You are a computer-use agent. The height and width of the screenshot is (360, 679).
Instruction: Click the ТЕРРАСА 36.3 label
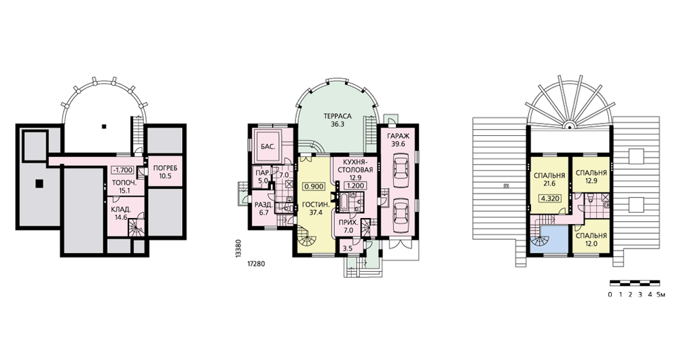pyautogui.click(x=337, y=120)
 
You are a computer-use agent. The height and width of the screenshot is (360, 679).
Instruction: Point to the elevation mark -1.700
pyautogui.click(x=123, y=170)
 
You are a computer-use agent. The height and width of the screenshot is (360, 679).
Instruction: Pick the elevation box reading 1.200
pyautogui.click(x=355, y=185)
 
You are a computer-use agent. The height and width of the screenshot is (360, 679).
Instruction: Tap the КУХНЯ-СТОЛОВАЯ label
pyautogui.click(x=355, y=166)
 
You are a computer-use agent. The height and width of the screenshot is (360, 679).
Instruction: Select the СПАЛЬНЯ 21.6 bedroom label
pyautogui.click(x=549, y=180)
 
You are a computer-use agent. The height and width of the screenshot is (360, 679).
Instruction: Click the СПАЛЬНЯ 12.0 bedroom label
pyautogui.click(x=591, y=240)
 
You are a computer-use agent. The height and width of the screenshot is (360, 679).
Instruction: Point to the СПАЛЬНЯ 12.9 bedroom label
pyautogui.click(x=591, y=177)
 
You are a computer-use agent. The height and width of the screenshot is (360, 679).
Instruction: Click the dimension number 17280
pyautogui.click(x=256, y=263)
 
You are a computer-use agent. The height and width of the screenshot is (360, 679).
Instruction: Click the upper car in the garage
pyautogui.click(x=401, y=168)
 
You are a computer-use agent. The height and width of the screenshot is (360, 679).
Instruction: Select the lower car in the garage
pyautogui.click(x=401, y=211)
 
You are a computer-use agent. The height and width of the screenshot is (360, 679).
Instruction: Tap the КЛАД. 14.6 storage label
pyautogui.click(x=122, y=214)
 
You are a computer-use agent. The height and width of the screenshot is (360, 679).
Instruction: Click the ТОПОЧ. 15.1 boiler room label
pyautogui.click(x=124, y=186)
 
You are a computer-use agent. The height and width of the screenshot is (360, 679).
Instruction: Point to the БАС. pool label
pyautogui.click(x=268, y=147)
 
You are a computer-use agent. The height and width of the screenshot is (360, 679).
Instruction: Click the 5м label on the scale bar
pyautogui.click(x=660, y=295)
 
